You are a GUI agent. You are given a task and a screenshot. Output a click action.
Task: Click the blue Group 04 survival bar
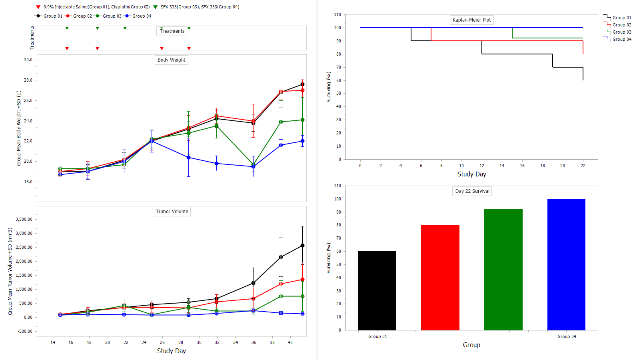pyautogui.click(x=566, y=264)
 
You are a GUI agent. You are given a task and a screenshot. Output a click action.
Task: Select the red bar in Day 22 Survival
pyautogui.click(x=440, y=277)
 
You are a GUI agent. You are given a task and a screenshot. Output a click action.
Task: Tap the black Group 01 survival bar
pyautogui.click(x=377, y=290)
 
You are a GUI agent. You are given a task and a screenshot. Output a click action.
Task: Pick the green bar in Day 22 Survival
pyautogui.click(x=503, y=270)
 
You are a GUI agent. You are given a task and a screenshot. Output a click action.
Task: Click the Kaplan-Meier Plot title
pyautogui.click(x=471, y=20)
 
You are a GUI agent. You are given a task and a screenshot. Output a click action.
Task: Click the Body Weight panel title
pyautogui.click(x=171, y=60)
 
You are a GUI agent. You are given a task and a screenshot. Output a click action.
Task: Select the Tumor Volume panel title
pyautogui.click(x=172, y=212)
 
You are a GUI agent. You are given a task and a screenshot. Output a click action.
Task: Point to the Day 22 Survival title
pyautogui.click(x=472, y=191)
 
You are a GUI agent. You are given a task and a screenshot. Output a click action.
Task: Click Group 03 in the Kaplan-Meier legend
pyautogui.click(x=622, y=32)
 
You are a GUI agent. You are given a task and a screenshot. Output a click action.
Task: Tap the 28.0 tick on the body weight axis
pyautogui.click(x=28, y=80)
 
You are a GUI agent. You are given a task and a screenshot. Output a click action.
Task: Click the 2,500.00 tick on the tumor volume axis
pyautogui.click(x=24, y=247)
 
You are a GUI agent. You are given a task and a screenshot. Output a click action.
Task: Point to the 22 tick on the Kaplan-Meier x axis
pyautogui.click(x=583, y=166)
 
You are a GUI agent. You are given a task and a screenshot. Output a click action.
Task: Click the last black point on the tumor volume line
pyautogui.click(x=302, y=246)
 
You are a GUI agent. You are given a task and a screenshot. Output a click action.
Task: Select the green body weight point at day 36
pyautogui.click(x=253, y=164)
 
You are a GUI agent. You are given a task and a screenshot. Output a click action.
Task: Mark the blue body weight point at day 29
pyautogui.click(x=189, y=158)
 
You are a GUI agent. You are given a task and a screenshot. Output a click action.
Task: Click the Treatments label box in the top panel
pyautogui.click(x=172, y=31)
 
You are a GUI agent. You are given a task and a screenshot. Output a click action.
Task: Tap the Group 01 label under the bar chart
pyautogui.click(x=377, y=336)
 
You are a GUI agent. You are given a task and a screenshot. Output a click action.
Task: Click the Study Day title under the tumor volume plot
pyautogui.click(x=171, y=351)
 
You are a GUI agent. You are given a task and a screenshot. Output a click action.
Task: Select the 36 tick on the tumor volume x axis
pyautogui.click(x=254, y=342)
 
